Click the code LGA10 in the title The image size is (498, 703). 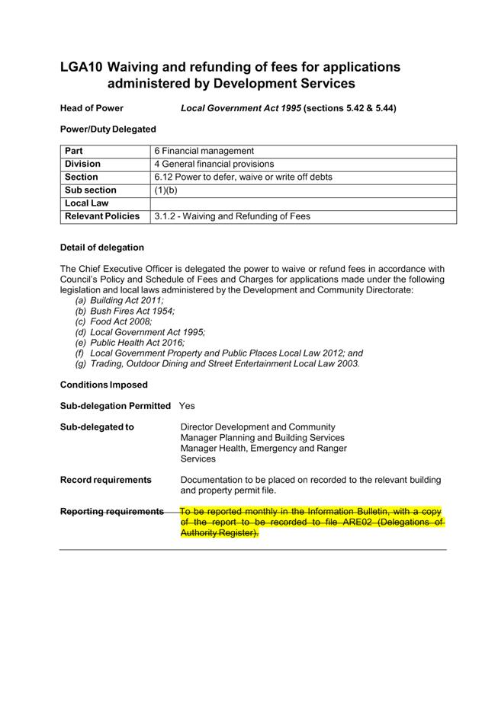[81, 67]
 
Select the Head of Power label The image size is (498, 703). [92, 108]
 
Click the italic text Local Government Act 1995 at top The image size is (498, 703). [240, 108]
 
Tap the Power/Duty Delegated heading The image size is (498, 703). [108, 129]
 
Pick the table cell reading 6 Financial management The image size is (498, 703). [204, 151]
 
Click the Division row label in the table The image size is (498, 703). [82, 164]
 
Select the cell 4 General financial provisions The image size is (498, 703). [214, 164]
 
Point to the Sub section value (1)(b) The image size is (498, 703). [165, 190]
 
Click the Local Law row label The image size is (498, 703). [86, 203]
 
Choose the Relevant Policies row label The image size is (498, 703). [102, 216]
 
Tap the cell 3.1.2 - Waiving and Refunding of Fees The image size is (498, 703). [232, 216]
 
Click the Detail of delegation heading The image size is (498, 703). [101, 248]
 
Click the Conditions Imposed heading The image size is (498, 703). [104, 385]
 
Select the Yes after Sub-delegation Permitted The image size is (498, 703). [187, 406]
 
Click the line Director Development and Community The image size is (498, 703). [257, 427]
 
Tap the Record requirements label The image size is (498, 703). [105, 480]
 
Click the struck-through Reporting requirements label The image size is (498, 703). [111, 511]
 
